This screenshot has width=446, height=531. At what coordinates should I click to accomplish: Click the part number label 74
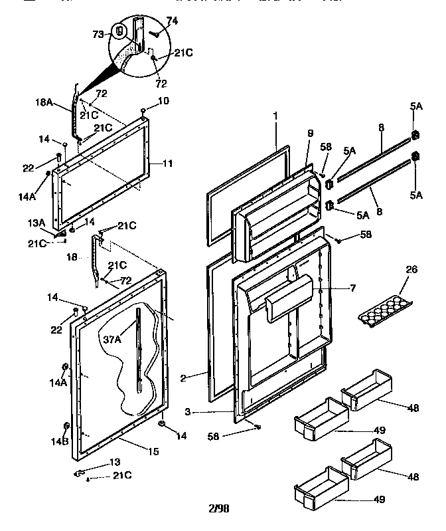pyautogui.click(x=172, y=22)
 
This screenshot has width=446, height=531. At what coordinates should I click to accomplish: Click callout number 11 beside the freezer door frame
pyautogui.click(x=168, y=162)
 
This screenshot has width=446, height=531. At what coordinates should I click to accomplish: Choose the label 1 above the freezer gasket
pyautogui.click(x=275, y=116)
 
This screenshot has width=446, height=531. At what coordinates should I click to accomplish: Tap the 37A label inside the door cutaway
pyautogui.click(x=111, y=339)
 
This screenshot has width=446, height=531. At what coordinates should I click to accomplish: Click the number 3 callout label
pyautogui.click(x=188, y=412)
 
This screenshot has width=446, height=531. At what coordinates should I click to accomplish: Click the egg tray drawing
pyautogui.click(x=384, y=309)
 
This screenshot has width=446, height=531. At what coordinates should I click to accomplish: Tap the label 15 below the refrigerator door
pyautogui.click(x=153, y=452)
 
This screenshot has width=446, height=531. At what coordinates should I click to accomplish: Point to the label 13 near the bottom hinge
pyautogui.click(x=115, y=462)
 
